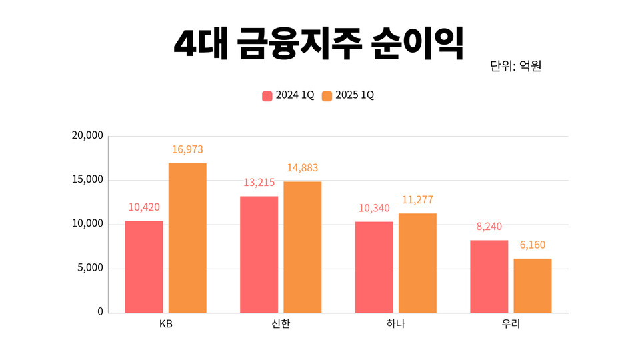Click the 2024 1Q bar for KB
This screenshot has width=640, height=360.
click(144, 267)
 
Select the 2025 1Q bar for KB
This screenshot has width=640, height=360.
click(187, 238)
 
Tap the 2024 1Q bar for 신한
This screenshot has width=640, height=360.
click(259, 255)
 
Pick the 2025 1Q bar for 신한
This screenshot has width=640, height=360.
click(302, 247)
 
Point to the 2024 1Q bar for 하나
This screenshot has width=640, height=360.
click(374, 267)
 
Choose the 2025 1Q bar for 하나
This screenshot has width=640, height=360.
click(417, 263)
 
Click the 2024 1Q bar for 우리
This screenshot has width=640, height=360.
click(489, 276)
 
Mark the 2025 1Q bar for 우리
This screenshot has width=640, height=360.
click(532, 285)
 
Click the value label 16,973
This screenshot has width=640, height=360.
click(187, 150)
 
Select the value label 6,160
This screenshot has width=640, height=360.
click(532, 245)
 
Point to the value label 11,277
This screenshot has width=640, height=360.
click(417, 200)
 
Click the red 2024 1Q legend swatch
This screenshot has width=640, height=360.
click(267, 96)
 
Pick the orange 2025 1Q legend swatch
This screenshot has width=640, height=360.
click(327, 96)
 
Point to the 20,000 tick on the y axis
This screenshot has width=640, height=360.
click(87, 135)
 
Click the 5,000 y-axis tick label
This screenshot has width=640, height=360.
click(90, 268)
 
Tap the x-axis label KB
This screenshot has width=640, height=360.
click(166, 325)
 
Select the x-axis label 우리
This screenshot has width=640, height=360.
click(511, 325)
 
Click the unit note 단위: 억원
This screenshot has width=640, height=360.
click(515, 66)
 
